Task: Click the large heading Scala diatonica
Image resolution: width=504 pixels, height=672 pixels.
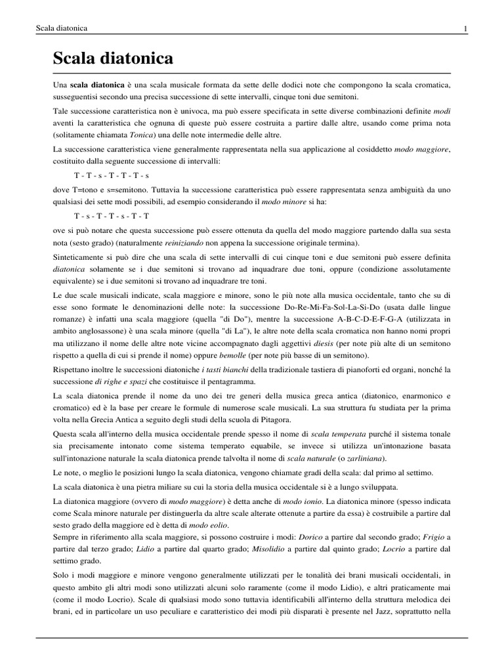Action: [x=114, y=60]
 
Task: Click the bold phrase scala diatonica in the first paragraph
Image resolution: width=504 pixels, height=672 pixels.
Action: [x=97, y=85]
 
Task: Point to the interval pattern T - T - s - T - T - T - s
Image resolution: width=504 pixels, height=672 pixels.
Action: [x=112, y=175]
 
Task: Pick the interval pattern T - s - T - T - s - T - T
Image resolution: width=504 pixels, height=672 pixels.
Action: [x=112, y=215]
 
